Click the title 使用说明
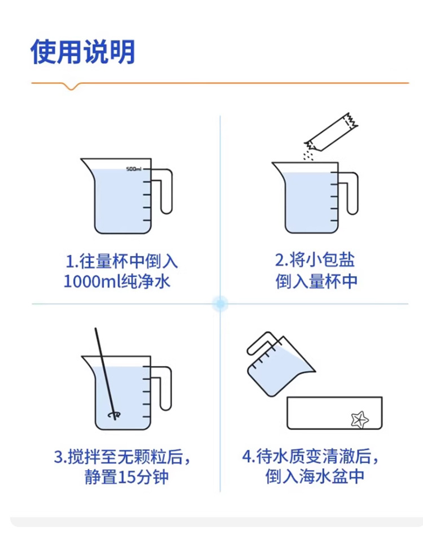coord(83,52)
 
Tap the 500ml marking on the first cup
coord(134,169)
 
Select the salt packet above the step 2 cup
coord(332,132)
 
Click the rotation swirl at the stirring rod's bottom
coord(114,415)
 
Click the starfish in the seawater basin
coord(360,419)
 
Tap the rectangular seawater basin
coord(334,413)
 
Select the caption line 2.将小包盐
coord(315,260)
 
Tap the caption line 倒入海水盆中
coord(315,477)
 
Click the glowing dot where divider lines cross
coord(220,304)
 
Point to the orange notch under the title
coord(71,86)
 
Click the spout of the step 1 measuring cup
coord(87,164)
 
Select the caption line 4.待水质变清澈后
coord(311,456)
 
